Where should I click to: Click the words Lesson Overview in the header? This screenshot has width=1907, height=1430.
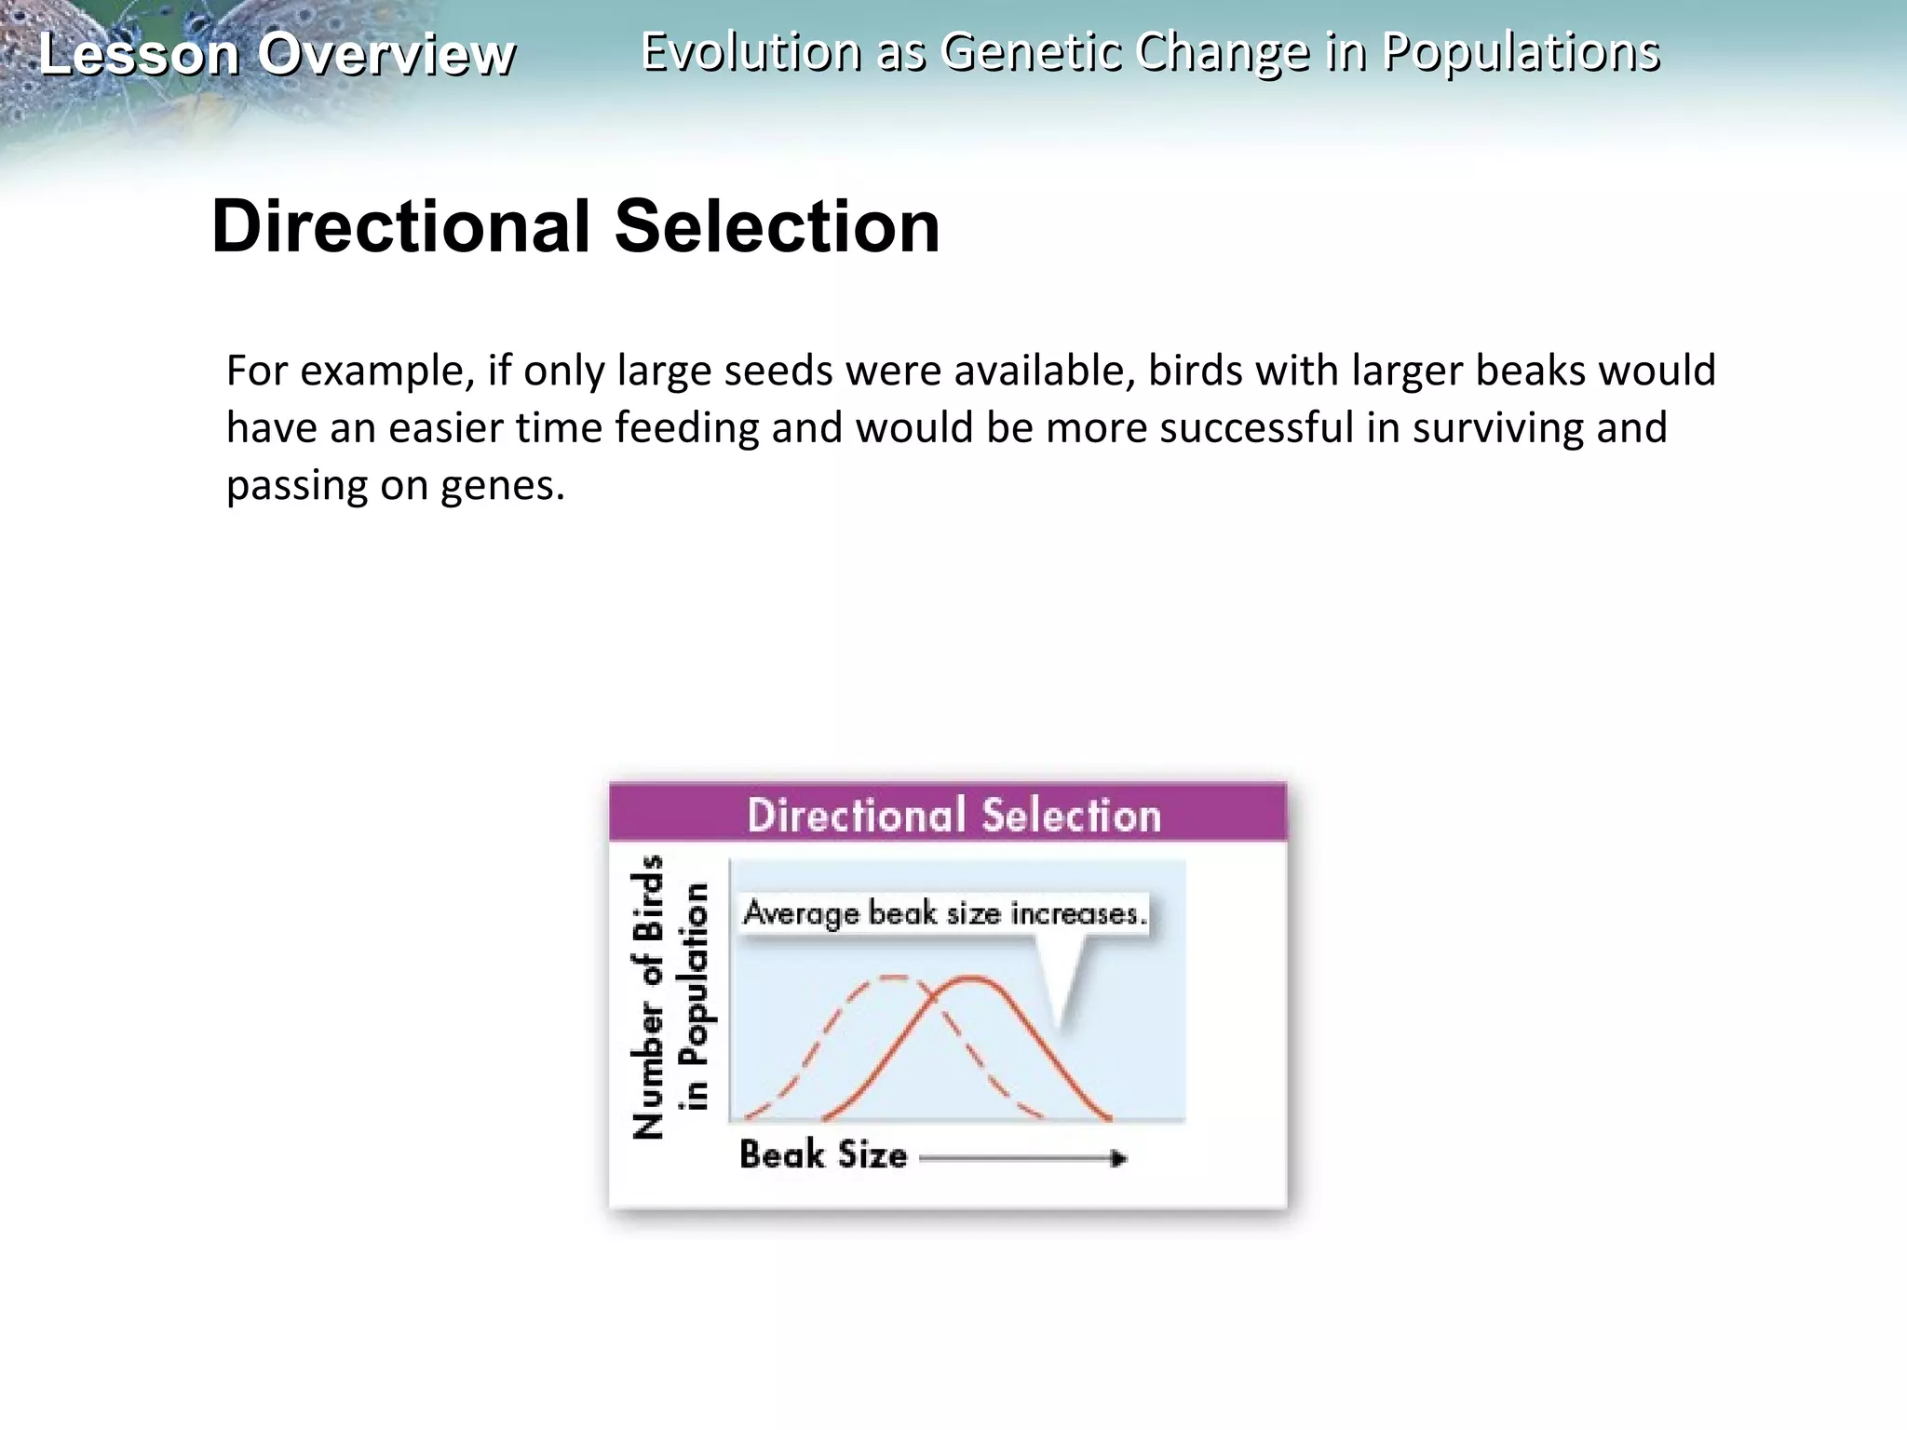coord(277,54)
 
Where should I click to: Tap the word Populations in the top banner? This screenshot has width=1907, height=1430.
coord(1521,51)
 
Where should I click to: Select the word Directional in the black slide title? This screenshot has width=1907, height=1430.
coord(401,226)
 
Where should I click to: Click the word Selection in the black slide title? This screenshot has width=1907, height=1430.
coord(778,226)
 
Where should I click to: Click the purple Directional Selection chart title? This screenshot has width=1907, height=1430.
coord(953,815)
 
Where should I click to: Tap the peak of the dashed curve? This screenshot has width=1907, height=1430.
coord(893,977)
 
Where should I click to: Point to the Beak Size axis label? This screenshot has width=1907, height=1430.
coord(823,1155)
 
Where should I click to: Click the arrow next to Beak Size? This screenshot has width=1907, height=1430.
coord(1024,1158)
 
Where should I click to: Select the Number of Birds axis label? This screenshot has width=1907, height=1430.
coord(649,996)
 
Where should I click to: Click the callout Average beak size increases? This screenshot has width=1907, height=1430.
coord(944,913)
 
